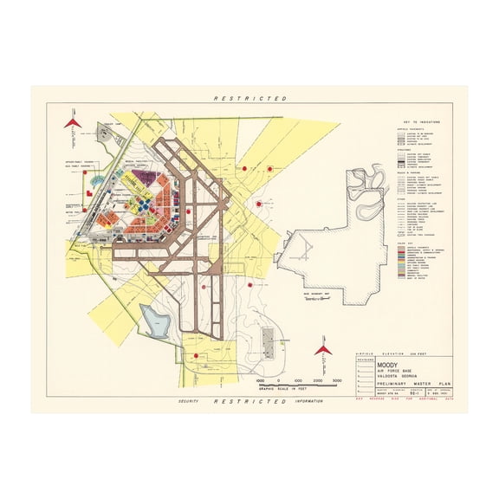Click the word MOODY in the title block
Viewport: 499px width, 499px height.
point(388,366)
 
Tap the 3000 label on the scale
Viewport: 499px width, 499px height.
point(338,380)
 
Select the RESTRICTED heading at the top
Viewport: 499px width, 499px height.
point(249,100)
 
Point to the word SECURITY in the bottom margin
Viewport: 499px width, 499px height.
point(189,402)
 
